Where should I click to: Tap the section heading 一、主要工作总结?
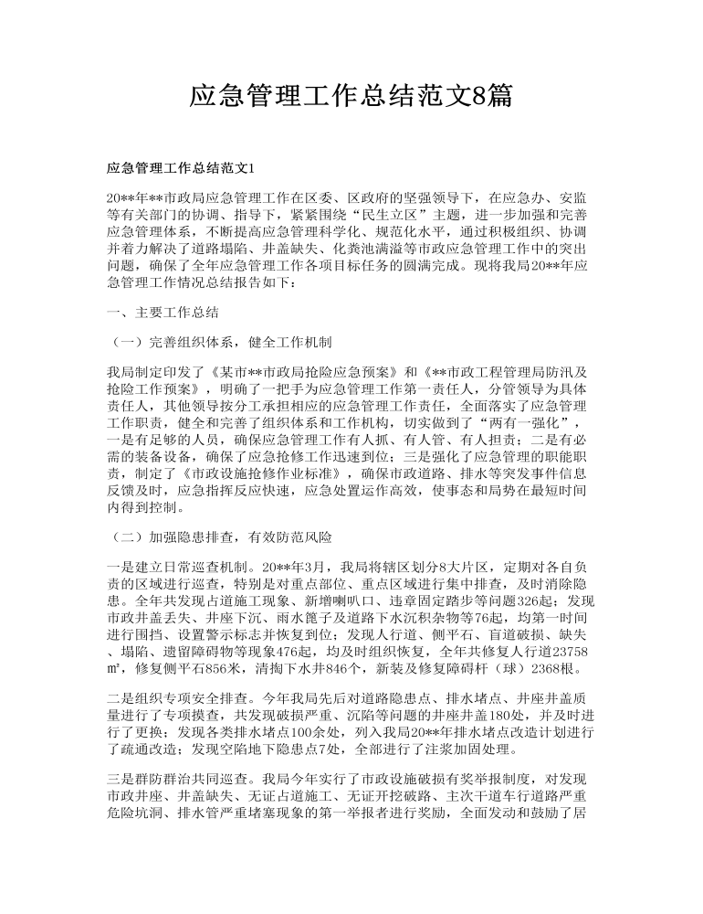click(163, 312)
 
